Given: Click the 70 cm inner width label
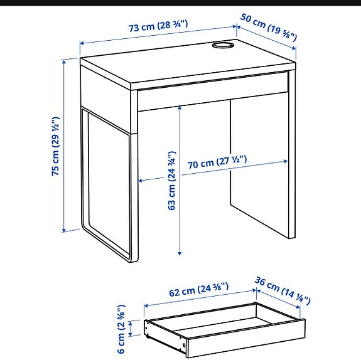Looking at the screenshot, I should pyautogui.click(x=217, y=163).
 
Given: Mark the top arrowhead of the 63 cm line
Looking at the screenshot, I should pyautogui.click(x=181, y=107).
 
